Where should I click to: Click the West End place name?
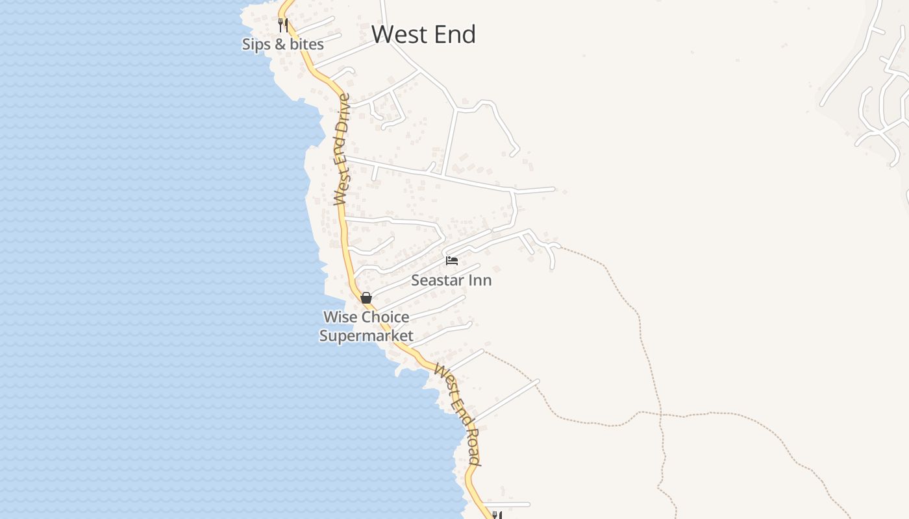(x=423, y=34)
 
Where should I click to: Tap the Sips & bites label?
(x=282, y=44)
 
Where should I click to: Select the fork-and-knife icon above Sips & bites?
(x=283, y=25)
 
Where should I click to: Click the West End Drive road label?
(x=343, y=149)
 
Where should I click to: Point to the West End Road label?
(x=458, y=415)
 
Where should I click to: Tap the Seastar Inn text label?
(x=451, y=280)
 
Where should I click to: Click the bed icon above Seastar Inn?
(x=452, y=261)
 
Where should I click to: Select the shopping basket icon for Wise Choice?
(x=366, y=298)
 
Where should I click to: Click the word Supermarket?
(x=366, y=335)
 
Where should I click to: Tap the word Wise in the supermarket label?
(x=338, y=317)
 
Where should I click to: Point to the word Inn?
(x=481, y=280)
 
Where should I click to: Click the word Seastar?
(x=440, y=280)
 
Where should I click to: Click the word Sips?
(x=254, y=44)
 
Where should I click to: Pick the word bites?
(x=307, y=44)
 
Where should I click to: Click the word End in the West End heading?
(x=454, y=34)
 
